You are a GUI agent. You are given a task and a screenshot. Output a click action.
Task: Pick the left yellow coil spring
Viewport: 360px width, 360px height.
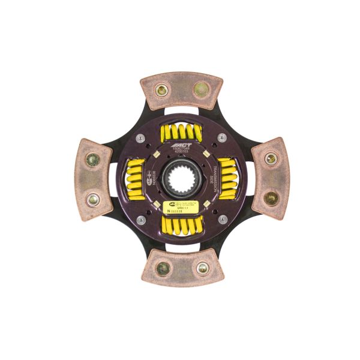click(x=136, y=179)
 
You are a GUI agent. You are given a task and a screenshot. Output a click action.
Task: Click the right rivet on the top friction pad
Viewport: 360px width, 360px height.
click(x=199, y=91)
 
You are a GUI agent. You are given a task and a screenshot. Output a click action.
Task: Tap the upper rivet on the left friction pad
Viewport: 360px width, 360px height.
click(x=92, y=160)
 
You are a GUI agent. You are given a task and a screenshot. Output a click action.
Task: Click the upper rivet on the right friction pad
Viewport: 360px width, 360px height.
click(x=271, y=159)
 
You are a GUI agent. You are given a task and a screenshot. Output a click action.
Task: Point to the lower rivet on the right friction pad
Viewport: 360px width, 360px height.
click(x=271, y=197)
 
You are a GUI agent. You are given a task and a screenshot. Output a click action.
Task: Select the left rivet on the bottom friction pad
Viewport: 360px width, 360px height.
click(x=163, y=268)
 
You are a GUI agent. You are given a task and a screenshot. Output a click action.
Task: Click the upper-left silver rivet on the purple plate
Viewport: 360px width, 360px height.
click(x=140, y=138)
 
